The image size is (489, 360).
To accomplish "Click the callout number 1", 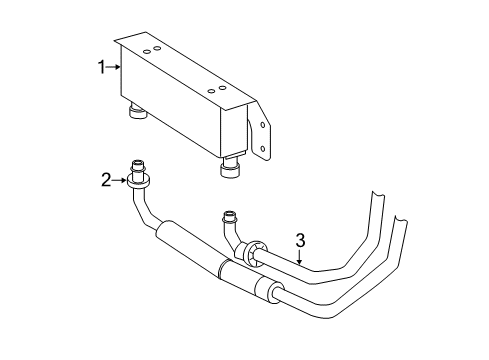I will tap(101, 67).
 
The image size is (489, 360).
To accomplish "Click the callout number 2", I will tap(105, 180).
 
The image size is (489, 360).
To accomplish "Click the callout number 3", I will tap(298, 240).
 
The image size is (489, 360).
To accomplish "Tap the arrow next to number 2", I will tap(119, 181).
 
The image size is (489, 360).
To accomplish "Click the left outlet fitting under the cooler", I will tap(136, 111).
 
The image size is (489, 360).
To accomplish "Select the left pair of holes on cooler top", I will tap(153, 49).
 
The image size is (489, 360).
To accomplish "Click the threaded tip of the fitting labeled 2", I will tap(136, 166).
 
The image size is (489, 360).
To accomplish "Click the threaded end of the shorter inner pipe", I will tap(231, 214).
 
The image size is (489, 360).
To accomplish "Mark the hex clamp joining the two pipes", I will tap(258, 248).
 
